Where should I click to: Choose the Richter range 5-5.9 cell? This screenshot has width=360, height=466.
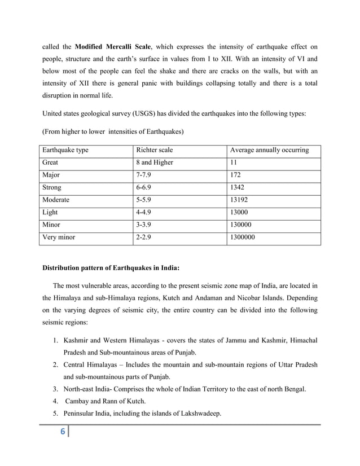144,200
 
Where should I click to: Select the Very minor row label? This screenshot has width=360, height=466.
59,238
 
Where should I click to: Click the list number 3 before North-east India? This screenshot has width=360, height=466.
54,389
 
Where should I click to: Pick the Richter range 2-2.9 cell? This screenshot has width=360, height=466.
144,238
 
